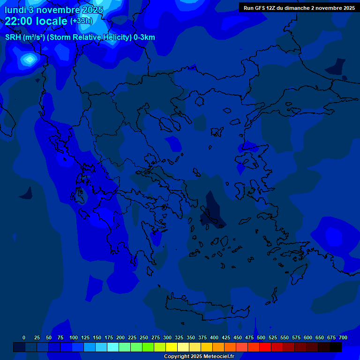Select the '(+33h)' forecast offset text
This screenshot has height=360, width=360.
click(81, 21)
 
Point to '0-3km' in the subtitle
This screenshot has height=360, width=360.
click(144, 37)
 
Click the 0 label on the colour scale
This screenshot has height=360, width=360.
click(24, 337)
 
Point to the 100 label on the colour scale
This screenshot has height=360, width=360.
click(74, 337)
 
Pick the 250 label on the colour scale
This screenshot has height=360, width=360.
click(144, 337)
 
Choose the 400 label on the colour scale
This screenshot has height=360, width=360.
click(214, 337)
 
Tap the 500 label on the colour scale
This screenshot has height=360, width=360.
click(261, 337)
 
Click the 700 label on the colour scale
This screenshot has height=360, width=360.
click(343, 337)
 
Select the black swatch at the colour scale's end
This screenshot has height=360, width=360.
click(335, 347)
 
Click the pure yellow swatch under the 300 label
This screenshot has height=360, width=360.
click(171, 347)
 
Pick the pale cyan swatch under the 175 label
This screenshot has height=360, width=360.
click(112, 347)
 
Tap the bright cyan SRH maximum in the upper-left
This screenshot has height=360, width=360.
click(30, 59)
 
